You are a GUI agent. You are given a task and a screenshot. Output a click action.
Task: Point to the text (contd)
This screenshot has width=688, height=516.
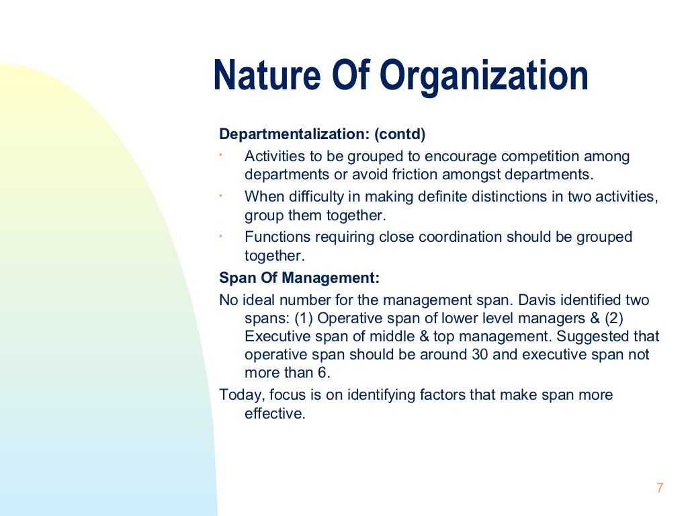tap(400, 134)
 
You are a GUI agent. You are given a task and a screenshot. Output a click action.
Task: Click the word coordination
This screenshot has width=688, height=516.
tap(460, 237)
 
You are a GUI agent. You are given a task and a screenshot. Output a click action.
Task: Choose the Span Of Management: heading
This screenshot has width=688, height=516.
tap(299, 278)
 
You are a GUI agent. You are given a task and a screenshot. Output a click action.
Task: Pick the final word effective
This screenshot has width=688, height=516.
tap(274, 413)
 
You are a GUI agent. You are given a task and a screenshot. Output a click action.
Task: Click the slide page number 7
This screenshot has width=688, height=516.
tap(659, 488)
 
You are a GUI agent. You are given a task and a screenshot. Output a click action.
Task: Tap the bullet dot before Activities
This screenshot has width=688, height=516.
tap(220, 155)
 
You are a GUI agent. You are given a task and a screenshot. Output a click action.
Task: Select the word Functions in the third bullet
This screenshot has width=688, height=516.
tap(275, 237)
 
